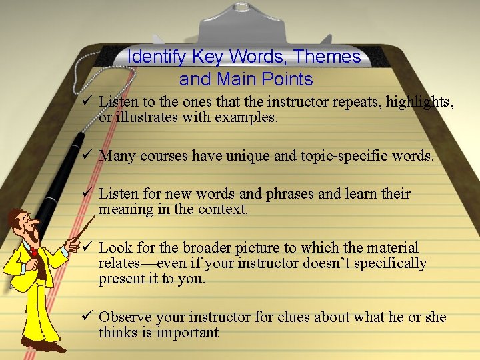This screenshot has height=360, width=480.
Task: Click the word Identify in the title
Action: click(157, 57)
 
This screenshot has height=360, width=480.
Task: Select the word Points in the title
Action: click(287, 79)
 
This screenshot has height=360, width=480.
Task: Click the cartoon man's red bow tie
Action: click(33, 252)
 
